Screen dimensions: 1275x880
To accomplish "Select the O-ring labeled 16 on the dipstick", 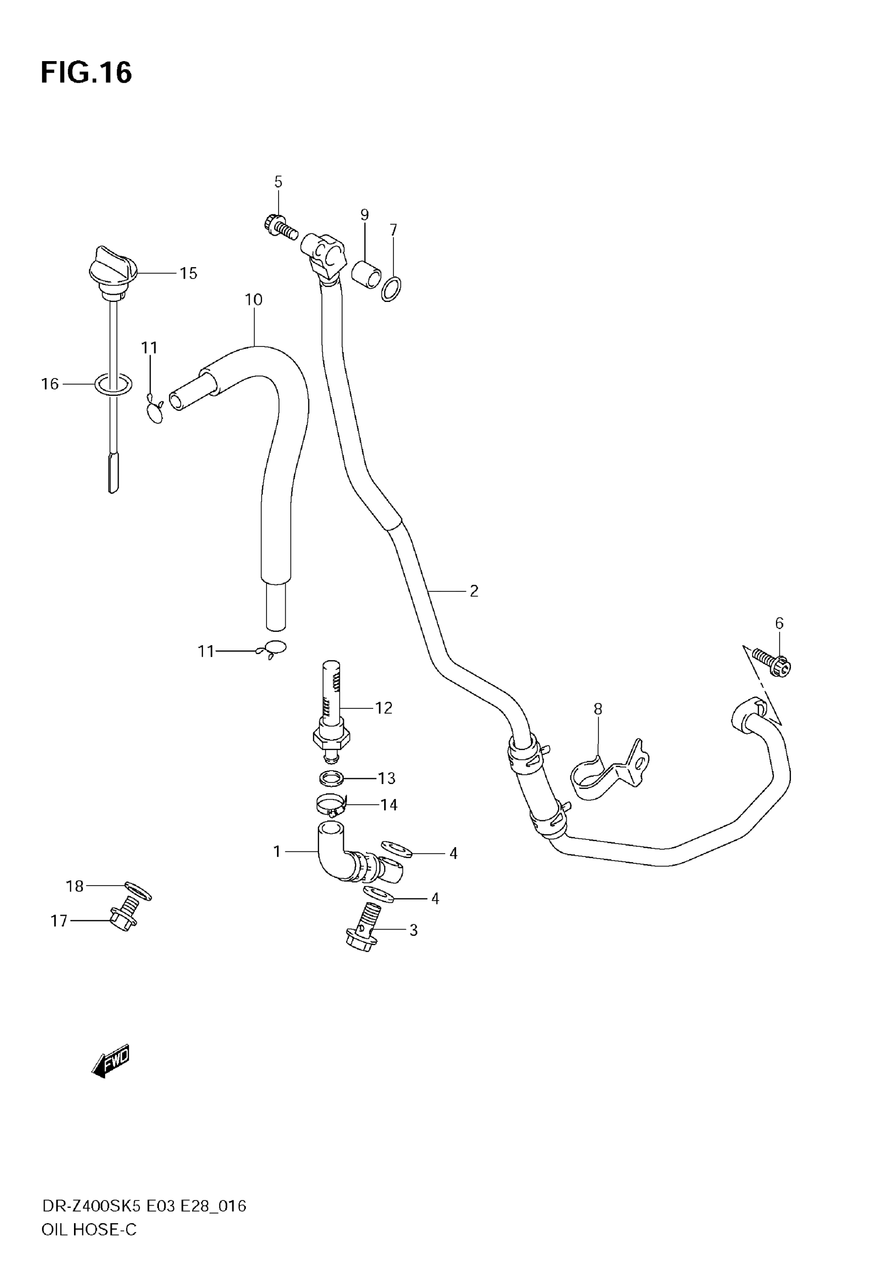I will click(113, 384).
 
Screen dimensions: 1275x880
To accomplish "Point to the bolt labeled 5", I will click(280, 226).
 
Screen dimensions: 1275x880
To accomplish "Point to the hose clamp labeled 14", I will click(331, 805).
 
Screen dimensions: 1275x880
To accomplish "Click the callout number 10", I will click(254, 300).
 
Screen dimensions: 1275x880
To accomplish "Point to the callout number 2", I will click(474, 591).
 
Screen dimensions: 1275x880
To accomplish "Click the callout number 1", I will click(277, 851).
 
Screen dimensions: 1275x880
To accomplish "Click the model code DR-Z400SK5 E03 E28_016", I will click(144, 1206).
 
